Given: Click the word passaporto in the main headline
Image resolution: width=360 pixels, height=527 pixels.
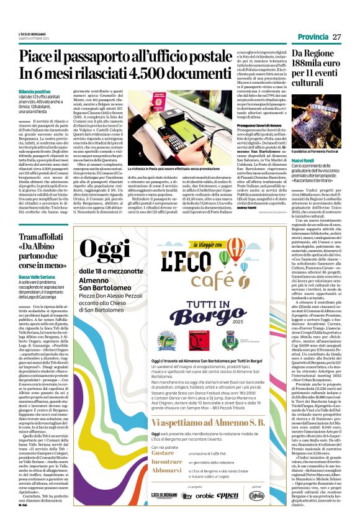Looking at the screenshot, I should coord(128,58).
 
